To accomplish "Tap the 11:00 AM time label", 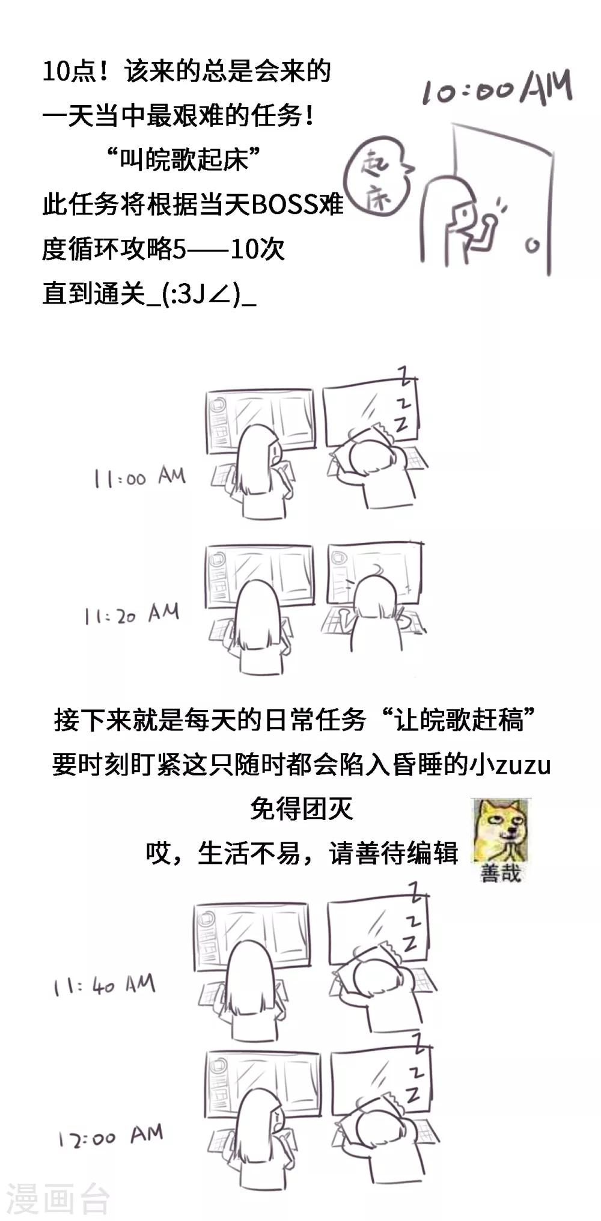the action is pyautogui.click(x=139, y=477).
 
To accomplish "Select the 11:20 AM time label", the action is pyautogui.click(x=132, y=614).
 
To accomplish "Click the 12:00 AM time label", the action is pyautogui.click(x=111, y=1136).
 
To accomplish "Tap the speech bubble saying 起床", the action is pyautogui.click(x=377, y=180).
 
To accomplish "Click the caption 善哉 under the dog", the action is pyautogui.click(x=501, y=872).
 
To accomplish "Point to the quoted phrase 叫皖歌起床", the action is pyautogui.click(x=183, y=160).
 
